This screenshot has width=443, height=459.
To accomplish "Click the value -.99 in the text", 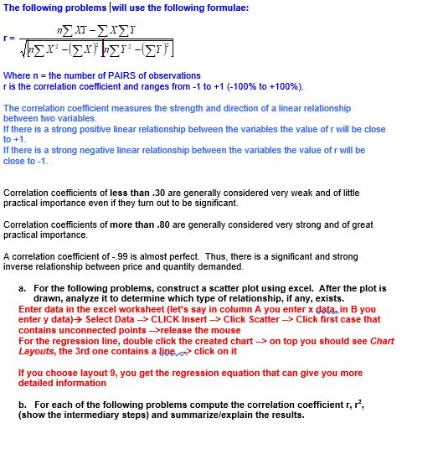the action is click(126, 257).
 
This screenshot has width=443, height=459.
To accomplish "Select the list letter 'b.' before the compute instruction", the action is click(22, 405).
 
